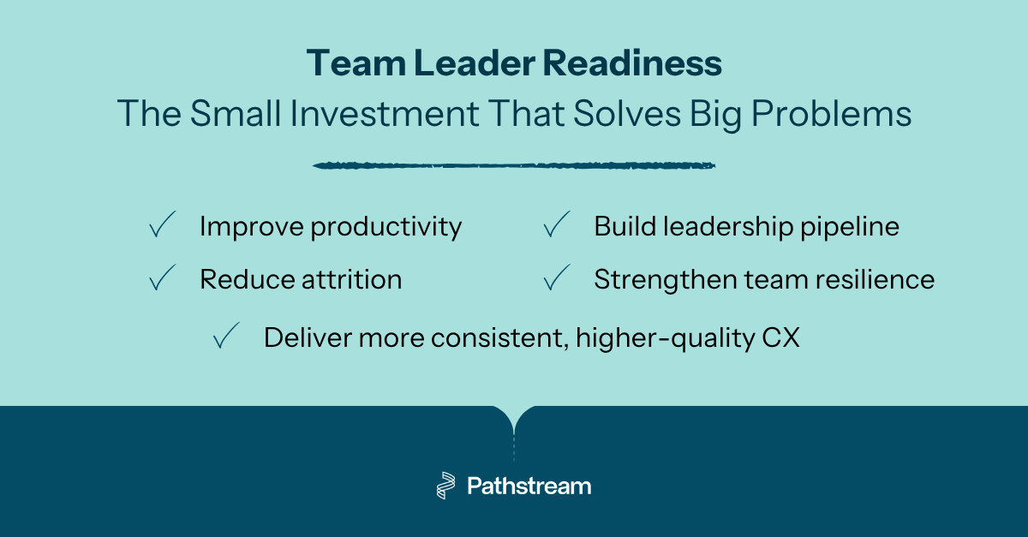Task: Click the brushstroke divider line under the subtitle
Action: coord(514,165)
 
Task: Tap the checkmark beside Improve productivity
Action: coord(162,226)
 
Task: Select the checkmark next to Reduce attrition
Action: coord(162,278)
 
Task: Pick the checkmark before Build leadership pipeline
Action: coord(557,226)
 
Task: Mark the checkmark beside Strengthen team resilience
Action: coord(557,278)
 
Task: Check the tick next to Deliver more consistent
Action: coord(227,337)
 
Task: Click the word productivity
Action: coord(385,228)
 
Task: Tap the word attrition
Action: coord(352,279)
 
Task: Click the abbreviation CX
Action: coord(780,337)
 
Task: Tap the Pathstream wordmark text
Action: coord(529,486)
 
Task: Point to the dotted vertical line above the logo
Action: coord(514,448)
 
